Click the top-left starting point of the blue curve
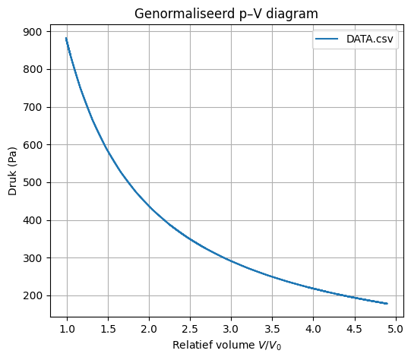tap(66, 38)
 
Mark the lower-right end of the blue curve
tap(387, 304)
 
